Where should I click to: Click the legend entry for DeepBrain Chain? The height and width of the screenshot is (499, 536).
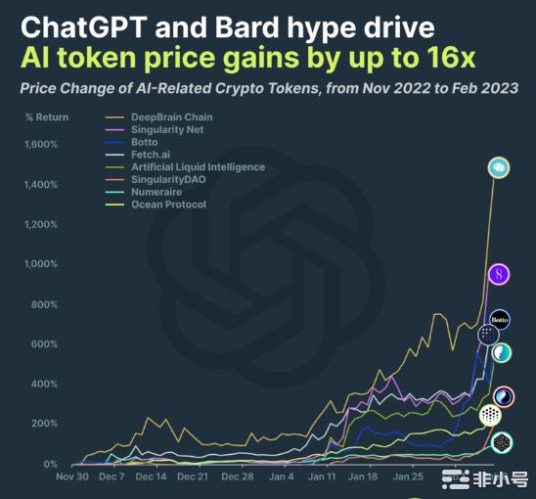tap(171, 117)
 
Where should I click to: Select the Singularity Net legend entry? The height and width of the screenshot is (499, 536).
tap(167, 130)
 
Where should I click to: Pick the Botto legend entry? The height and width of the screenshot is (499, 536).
tap(146, 143)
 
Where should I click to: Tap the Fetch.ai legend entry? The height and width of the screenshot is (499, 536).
tap(152, 155)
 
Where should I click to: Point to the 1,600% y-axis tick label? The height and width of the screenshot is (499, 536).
tap(40, 145)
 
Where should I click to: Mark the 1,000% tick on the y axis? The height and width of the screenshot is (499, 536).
tap(40, 264)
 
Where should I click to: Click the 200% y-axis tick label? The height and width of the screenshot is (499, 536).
tap(44, 424)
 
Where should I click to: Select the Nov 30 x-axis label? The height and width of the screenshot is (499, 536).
tap(72, 476)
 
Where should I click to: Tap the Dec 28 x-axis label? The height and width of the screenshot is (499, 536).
tap(237, 476)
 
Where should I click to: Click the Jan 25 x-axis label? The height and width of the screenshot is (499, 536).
tap(407, 476)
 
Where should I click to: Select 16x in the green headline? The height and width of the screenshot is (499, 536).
tap(451, 58)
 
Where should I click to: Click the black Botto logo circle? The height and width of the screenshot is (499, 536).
tap(500, 319)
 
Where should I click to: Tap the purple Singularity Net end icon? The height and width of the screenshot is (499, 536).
tap(499, 275)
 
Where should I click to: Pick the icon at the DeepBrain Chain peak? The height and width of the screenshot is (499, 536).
tap(498, 167)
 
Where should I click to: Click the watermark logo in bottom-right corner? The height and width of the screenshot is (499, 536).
tap(456, 479)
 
